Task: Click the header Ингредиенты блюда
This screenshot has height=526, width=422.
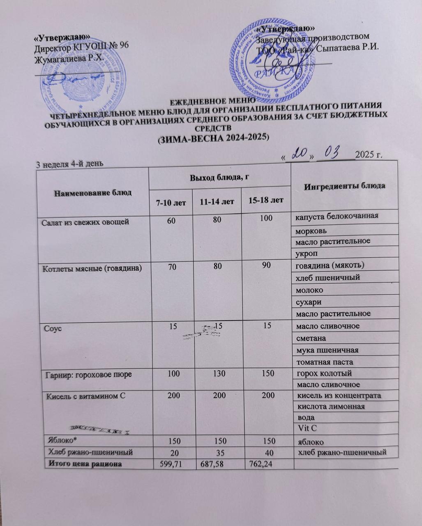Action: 344,185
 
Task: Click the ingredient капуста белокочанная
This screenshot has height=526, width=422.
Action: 337,216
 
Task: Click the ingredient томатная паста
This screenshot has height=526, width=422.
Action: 324,362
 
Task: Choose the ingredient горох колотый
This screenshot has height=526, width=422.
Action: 323,374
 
